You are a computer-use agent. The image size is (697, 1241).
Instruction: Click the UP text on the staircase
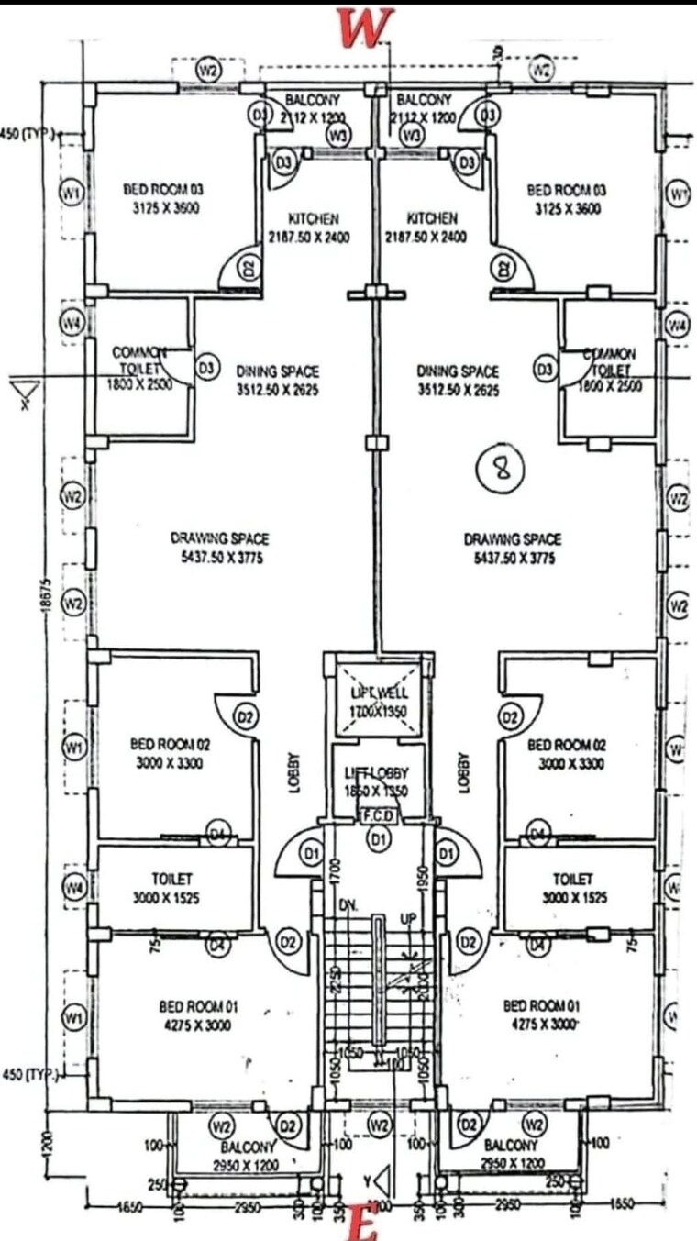point(410,918)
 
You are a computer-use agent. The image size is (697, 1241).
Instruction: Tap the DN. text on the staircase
point(348,905)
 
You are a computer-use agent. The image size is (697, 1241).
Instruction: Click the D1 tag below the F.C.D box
point(378,837)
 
